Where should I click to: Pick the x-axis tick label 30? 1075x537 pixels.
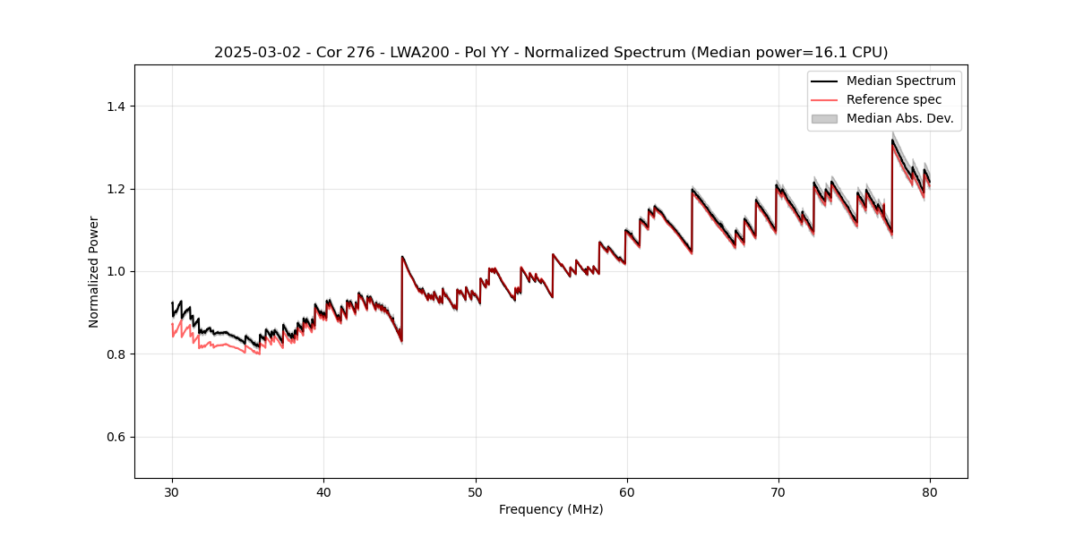coord(172,491)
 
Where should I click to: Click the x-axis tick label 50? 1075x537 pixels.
coord(475,491)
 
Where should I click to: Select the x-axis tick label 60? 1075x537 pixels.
coord(626,491)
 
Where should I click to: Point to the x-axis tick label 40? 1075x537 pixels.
coord(323,491)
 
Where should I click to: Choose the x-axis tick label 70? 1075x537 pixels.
coord(778,491)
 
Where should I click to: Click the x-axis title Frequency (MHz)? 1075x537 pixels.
coord(551,509)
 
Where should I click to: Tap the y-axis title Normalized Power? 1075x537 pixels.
coord(94,271)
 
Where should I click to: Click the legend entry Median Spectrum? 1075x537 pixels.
coord(900,81)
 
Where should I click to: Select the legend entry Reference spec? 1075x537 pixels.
coord(894,99)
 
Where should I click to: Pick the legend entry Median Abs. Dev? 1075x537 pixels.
coord(899,118)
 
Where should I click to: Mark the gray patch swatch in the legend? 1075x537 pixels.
coord(823,118)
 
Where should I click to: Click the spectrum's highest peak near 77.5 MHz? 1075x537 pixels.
coord(892,140)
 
